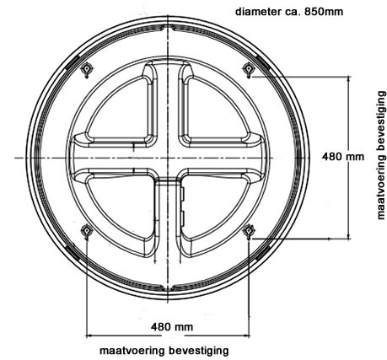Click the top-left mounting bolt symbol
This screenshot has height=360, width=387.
(87, 69)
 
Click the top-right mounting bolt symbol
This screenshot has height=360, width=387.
(248, 69)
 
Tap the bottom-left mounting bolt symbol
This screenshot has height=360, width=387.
(86, 231)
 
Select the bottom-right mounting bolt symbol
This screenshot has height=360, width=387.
(249, 231)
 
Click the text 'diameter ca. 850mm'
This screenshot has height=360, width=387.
(289, 12)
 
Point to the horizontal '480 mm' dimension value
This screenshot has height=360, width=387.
(172, 327)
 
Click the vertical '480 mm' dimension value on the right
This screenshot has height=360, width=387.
(343, 156)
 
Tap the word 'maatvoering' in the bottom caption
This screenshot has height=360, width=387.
(132, 351)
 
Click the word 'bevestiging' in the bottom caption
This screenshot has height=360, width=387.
(199, 351)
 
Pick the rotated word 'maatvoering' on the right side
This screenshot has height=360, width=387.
(381, 187)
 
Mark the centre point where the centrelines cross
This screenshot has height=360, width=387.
(168, 158)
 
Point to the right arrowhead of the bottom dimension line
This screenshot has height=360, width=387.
(246, 336)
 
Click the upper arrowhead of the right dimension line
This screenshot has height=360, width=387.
(348, 80)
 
